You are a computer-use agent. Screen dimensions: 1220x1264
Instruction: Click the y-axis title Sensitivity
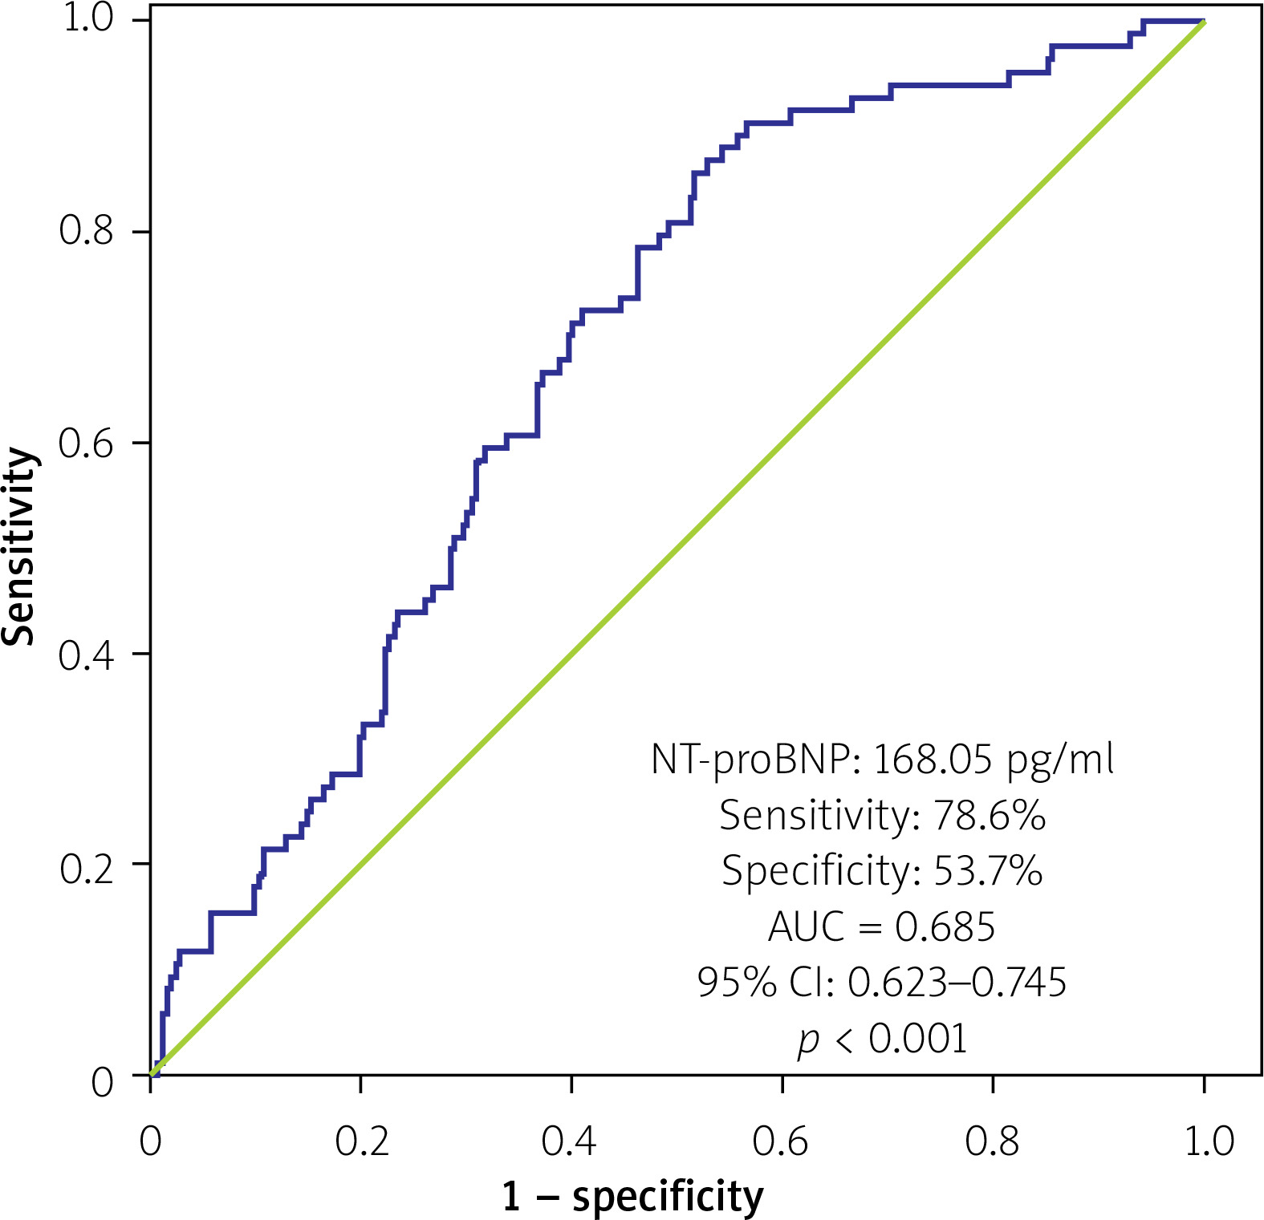click(20, 546)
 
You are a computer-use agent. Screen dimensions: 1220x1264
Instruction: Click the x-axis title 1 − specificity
click(632, 1197)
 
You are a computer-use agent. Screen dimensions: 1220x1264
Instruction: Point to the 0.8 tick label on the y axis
click(86, 231)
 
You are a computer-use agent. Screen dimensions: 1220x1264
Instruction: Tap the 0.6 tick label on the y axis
click(86, 443)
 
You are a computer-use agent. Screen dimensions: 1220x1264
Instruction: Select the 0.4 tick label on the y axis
click(86, 654)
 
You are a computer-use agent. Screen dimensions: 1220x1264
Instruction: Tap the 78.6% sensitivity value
click(989, 816)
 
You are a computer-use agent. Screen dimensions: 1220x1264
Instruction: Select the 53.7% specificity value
click(988, 871)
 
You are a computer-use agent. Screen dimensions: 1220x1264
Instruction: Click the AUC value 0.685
click(945, 927)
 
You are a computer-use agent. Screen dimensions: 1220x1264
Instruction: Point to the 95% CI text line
click(882, 982)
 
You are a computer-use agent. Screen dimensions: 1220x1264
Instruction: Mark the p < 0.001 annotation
click(882, 1039)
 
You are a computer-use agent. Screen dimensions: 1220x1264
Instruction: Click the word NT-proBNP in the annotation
click(755, 759)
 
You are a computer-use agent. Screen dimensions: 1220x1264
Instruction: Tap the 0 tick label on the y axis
click(102, 1083)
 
